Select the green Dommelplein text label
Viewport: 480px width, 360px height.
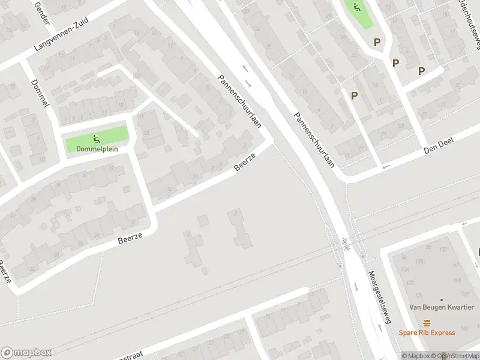click(x=97, y=149)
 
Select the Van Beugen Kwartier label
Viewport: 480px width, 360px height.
click(x=441, y=307)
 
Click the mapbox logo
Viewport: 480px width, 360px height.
click(x=26, y=353)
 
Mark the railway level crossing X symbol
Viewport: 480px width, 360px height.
click(x=346, y=242)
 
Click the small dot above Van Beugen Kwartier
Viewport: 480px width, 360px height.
click(x=442, y=299)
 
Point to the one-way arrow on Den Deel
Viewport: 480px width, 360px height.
click(x=386, y=166)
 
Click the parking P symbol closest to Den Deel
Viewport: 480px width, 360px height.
click(x=354, y=95)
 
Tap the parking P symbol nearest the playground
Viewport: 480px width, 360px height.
click(x=377, y=42)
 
